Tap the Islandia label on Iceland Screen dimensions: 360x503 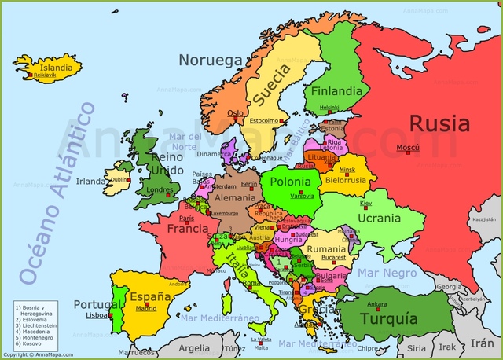[x=56, y=68]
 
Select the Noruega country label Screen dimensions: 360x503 [x=209, y=60]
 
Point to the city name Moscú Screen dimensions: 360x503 [x=407, y=148]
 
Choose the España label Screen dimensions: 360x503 [x=151, y=297]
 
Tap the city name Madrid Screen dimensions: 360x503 [x=145, y=309]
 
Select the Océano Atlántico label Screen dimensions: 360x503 [x=56, y=193]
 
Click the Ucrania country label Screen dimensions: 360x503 [x=379, y=217]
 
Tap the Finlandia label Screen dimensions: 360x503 [x=336, y=90]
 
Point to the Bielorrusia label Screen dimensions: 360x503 [x=347, y=179]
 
